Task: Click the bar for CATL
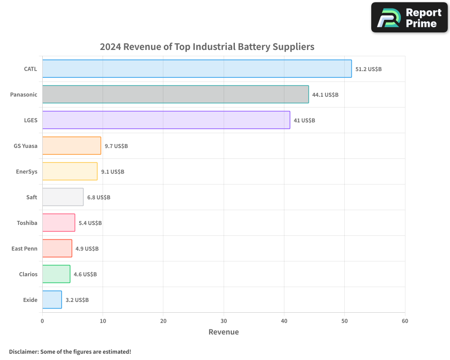pyautogui.click(x=197, y=69)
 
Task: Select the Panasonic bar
pyautogui.click(x=175, y=94)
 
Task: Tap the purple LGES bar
pyautogui.click(x=166, y=120)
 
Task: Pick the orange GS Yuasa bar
pyautogui.click(x=72, y=146)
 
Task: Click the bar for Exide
pyautogui.click(x=52, y=300)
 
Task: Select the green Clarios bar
pyautogui.click(x=56, y=274)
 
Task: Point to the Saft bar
pyautogui.click(x=63, y=197)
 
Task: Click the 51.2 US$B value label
pyautogui.click(x=368, y=69)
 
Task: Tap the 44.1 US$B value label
pyautogui.click(x=325, y=95)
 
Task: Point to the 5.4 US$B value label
pyautogui.click(x=90, y=223)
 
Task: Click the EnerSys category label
pyautogui.click(x=27, y=172)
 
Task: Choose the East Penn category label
pyautogui.click(x=24, y=249)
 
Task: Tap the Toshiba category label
pyautogui.click(x=27, y=223)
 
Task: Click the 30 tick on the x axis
pyautogui.click(x=224, y=321)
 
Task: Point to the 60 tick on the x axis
pyautogui.click(x=405, y=321)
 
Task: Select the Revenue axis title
pyautogui.click(x=224, y=332)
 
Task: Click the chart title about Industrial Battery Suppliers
pyautogui.click(x=207, y=47)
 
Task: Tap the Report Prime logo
pyautogui.click(x=409, y=18)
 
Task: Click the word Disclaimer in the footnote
pyautogui.click(x=23, y=352)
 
